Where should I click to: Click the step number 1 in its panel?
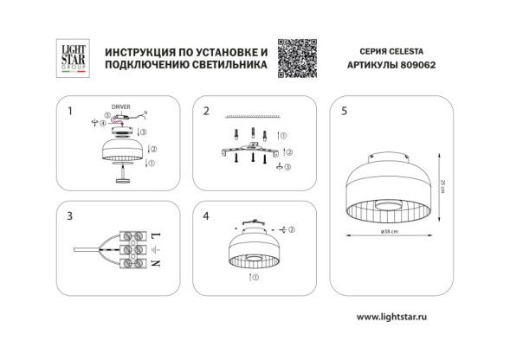69,112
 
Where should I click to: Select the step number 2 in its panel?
206,112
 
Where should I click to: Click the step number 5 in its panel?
345,112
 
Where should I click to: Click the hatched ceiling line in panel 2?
250,117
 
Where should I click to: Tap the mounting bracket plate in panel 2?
251,151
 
